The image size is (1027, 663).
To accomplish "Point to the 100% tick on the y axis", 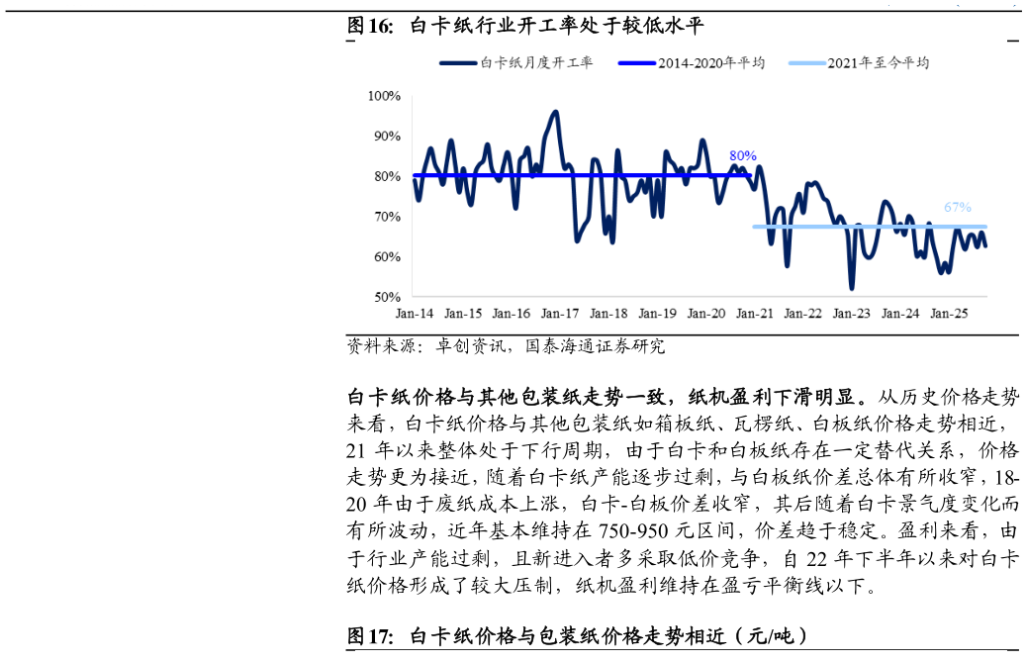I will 384,96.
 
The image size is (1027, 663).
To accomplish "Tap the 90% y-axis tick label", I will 387,137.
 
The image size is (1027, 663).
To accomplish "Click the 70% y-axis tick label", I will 387,217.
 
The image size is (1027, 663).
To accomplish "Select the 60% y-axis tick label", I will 387,257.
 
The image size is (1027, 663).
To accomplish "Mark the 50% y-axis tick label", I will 387,297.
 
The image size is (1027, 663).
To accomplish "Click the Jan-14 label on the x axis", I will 415,314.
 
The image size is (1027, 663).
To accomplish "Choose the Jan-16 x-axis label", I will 512,314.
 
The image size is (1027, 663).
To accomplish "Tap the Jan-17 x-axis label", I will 560,314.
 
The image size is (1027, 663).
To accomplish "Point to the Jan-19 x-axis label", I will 657,314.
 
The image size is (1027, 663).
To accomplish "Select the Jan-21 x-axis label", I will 754,314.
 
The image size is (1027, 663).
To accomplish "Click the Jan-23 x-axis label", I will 851,314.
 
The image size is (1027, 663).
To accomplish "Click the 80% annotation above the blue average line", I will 743,156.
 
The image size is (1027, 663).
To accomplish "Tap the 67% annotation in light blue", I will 958,208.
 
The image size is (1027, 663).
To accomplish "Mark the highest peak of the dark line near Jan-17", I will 556,112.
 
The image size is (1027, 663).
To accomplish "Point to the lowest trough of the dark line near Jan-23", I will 852,288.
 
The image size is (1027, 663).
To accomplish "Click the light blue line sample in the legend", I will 806,63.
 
